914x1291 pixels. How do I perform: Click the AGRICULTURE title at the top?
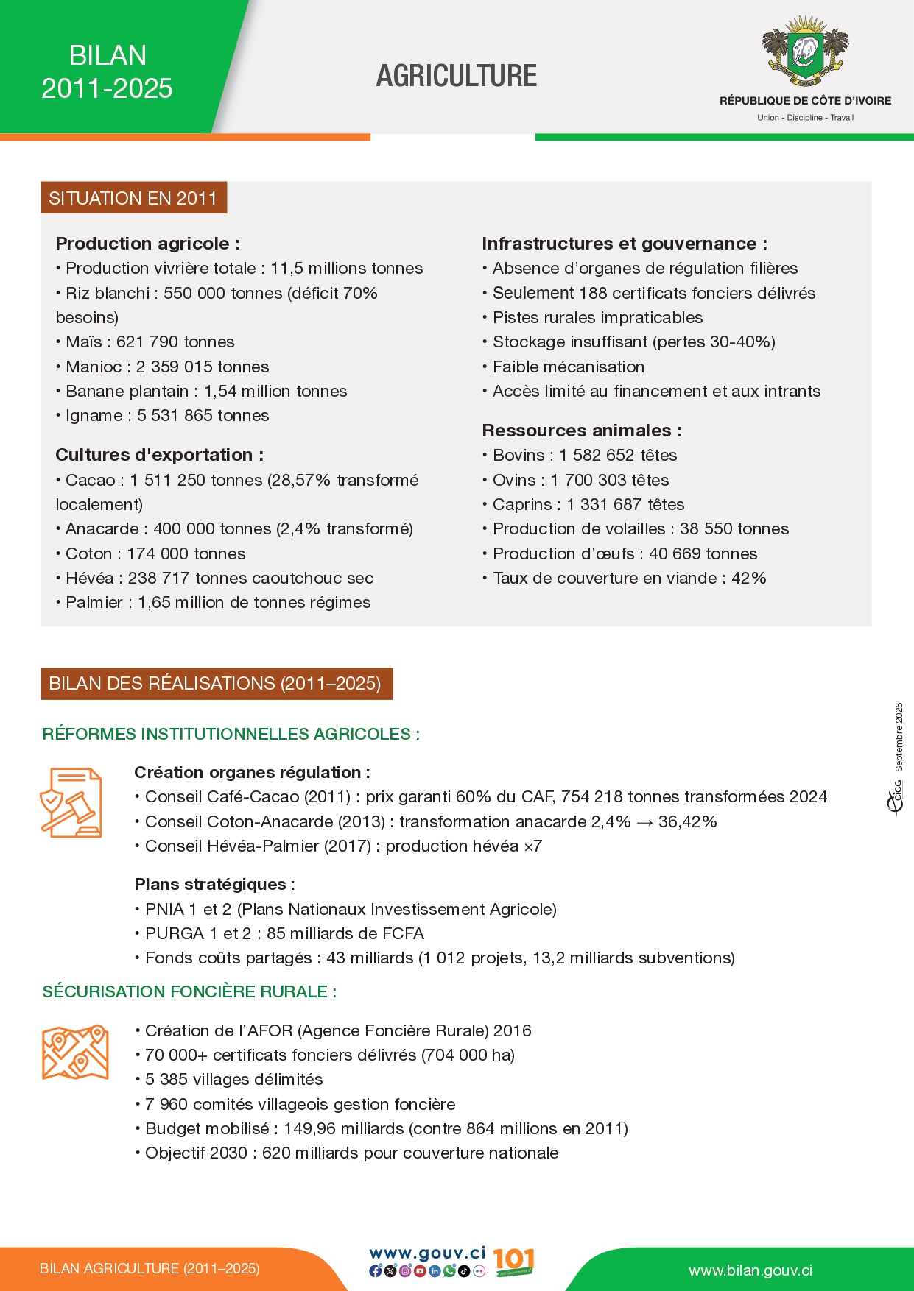(x=457, y=76)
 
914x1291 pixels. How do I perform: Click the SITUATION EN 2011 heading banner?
(x=133, y=198)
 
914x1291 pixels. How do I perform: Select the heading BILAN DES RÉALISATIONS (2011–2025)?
(x=215, y=684)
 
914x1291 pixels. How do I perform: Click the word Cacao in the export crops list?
(x=90, y=481)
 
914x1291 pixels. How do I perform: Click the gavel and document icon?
(x=71, y=802)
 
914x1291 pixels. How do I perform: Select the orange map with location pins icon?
(x=75, y=1053)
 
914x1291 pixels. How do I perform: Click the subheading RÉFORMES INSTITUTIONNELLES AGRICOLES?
(x=231, y=734)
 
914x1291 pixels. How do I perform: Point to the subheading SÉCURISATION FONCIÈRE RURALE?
(x=189, y=991)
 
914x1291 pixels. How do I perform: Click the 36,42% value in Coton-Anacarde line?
(x=687, y=822)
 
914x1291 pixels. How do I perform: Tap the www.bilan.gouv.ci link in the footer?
(x=750, y=1270)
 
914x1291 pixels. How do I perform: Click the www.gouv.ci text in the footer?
(x=427, y=1253)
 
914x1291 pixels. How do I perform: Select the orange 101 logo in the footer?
(x=513, y=1262)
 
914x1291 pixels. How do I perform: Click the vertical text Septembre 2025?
(x=899, y=737)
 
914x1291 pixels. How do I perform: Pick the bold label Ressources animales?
(x=581, y=431)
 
